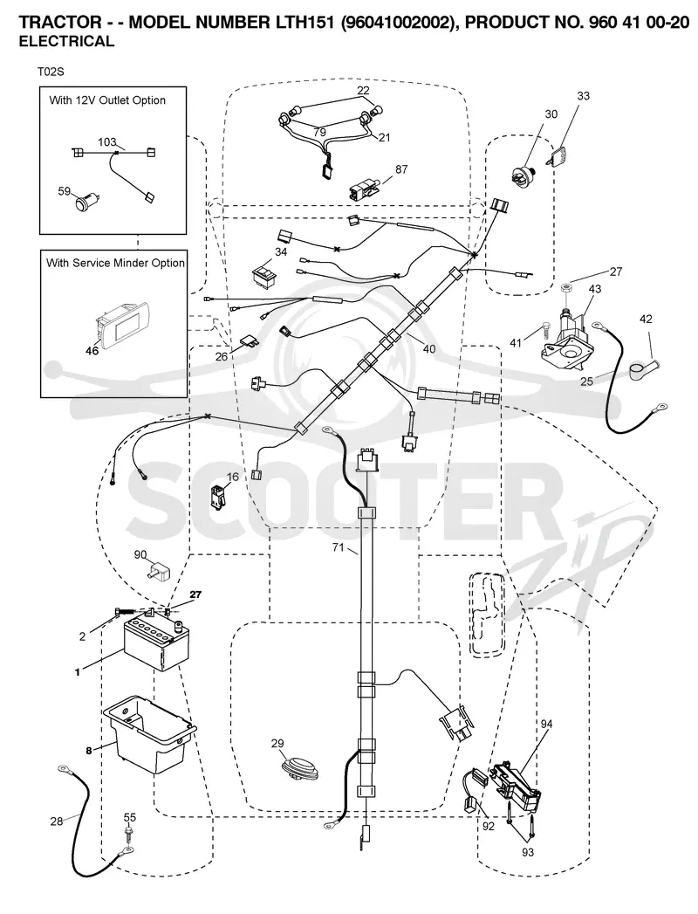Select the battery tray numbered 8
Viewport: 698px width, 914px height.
coord(149,733)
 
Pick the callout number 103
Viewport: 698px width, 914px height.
coord(107,142)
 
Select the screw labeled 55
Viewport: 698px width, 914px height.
coord(130,835)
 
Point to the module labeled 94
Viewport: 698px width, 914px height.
coord(518,787)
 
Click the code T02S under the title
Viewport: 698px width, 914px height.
coord(51,72)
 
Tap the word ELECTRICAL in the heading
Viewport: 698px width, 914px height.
coord(67,41)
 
